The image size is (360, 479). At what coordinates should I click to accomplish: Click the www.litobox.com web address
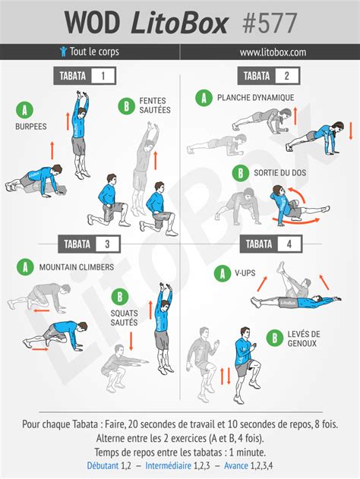pyautogui.click(x=273, y=52)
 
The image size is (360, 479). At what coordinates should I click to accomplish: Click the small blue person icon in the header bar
pyautogui.click(x=63, y=52)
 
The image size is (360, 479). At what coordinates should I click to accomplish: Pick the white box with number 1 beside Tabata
pyautogui.click(x=103, y=76)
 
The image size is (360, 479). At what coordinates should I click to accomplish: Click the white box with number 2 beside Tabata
pyautogui.click(x=286, y=76)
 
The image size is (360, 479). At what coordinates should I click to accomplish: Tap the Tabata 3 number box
pyautogui.click(x=107, y=244)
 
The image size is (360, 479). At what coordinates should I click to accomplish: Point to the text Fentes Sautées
pyautogui.click(x=155, y=105)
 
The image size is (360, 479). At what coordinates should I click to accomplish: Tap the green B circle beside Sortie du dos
pyautogui.click(x=241, y=174)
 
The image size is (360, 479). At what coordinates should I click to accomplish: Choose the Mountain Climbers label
pyautogui.click(x=76, y=267)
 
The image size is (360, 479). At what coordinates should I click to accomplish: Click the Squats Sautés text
pyautogui.click(x=124, y=317)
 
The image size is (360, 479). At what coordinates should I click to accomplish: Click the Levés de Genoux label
pyautogui.click(x=303, y=339)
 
